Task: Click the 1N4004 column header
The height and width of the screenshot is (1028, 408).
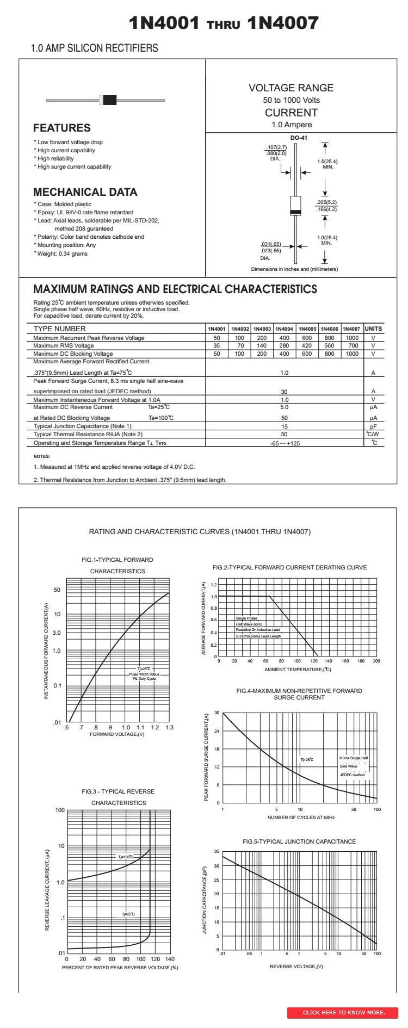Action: coord(284,329)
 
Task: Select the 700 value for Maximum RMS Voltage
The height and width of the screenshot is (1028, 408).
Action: coord(353,345)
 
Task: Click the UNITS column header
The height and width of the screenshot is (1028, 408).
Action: coord(373,329)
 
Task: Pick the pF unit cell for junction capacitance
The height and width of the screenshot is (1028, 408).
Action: coord(373,426)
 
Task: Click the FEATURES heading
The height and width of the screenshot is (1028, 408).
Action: coord(61,128)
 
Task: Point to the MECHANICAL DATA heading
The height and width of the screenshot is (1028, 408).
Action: coord(85,192)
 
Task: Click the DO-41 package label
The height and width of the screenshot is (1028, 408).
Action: coord(299,138)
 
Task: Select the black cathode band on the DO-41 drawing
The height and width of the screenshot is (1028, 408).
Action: coord(296,212)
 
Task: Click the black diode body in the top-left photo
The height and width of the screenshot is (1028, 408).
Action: coord(110,100)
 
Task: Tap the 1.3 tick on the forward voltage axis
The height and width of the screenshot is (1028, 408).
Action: coord(169,728)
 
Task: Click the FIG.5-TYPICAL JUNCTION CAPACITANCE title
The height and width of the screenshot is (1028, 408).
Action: coord(299,841)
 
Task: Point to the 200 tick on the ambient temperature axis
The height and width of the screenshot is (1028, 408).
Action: coord(376,661)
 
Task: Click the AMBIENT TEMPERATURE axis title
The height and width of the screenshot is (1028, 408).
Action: coord(298,670)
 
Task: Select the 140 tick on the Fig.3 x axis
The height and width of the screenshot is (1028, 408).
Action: coord(170,959)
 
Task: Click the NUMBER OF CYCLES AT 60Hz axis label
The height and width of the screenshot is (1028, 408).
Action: coord(301,818)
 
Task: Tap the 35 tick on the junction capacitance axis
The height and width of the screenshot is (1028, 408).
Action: coord(217,851)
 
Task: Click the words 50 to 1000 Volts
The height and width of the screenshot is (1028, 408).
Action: coord(292,100)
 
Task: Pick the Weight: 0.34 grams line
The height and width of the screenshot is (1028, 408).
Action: coord(62,253)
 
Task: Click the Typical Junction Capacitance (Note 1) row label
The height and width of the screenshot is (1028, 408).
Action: coord(82,426)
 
